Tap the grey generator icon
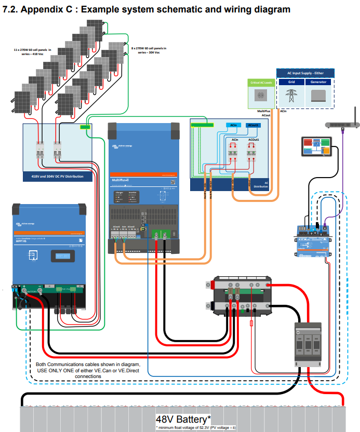318,96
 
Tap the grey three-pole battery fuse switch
309,343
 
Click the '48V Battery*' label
183,419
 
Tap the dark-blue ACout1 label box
254,125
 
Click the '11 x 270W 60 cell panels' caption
36,51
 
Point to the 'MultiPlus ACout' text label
265,113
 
